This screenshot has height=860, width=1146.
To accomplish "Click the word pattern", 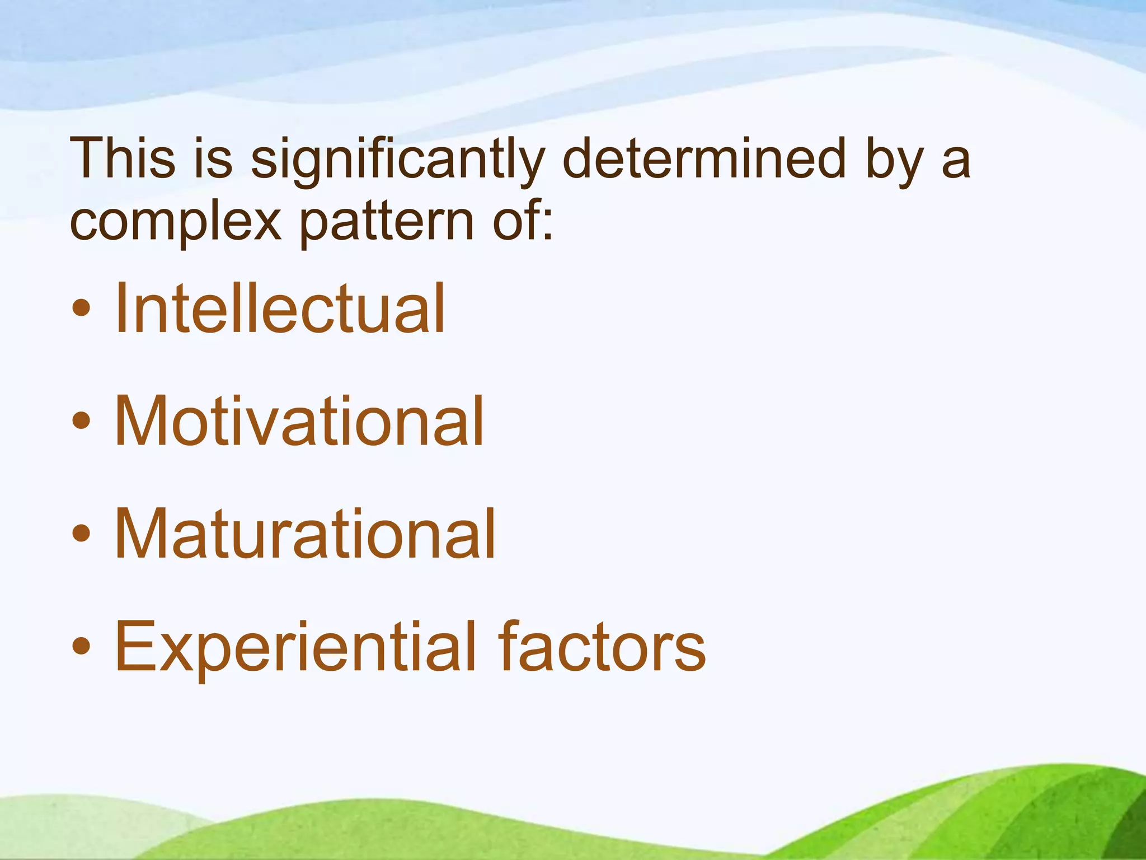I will pos(387,223).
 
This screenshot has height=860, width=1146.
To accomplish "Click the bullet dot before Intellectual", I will pos(81,309).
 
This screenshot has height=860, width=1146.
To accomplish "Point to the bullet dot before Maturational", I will pos(81,534).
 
